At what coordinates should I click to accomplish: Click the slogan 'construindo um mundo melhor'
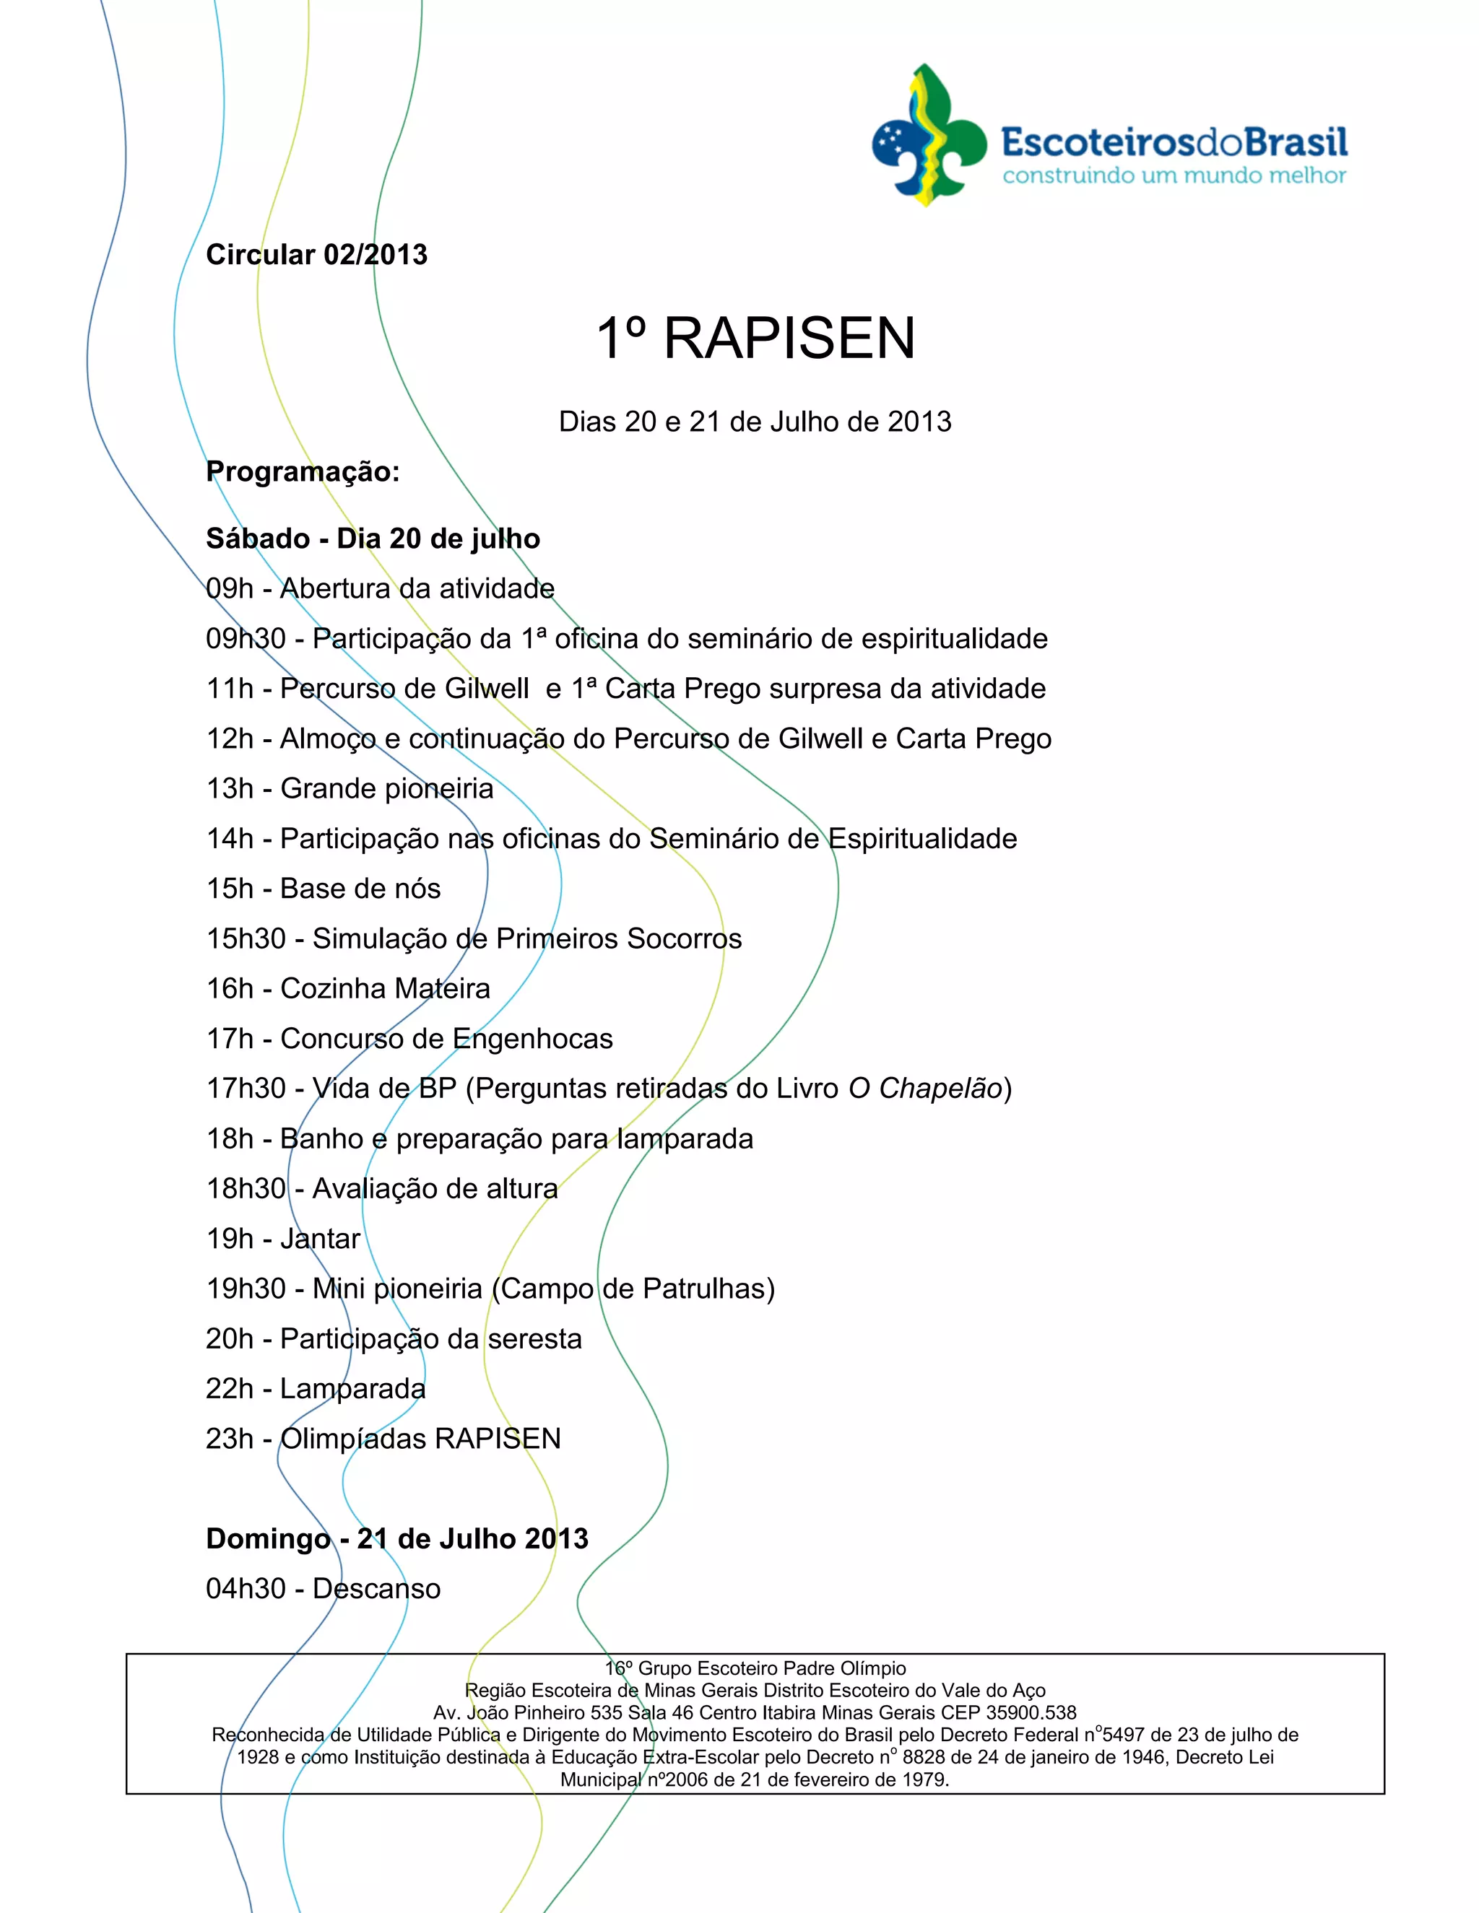coord(1174,175)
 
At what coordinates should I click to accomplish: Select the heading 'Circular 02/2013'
coord(316,254)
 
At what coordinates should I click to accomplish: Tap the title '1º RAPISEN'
coord(755,338)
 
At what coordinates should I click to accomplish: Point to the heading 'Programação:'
coord(303,471)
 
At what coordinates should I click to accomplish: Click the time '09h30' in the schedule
coord(246,639)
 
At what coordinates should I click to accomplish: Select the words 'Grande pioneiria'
coord(386,788)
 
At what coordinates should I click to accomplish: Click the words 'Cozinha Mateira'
coord(385,988)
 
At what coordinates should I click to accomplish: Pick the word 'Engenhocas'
coord(532,1038)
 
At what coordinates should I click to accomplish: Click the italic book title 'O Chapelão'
coord(925,1088)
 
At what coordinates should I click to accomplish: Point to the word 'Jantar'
coord(320,1239)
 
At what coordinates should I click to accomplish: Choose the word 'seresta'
coord(534,1338)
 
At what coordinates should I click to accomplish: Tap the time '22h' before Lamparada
coord(230,1388)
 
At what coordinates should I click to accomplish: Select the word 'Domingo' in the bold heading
coord(268,1538)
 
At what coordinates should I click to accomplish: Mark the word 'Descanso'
coord(377,1588)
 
